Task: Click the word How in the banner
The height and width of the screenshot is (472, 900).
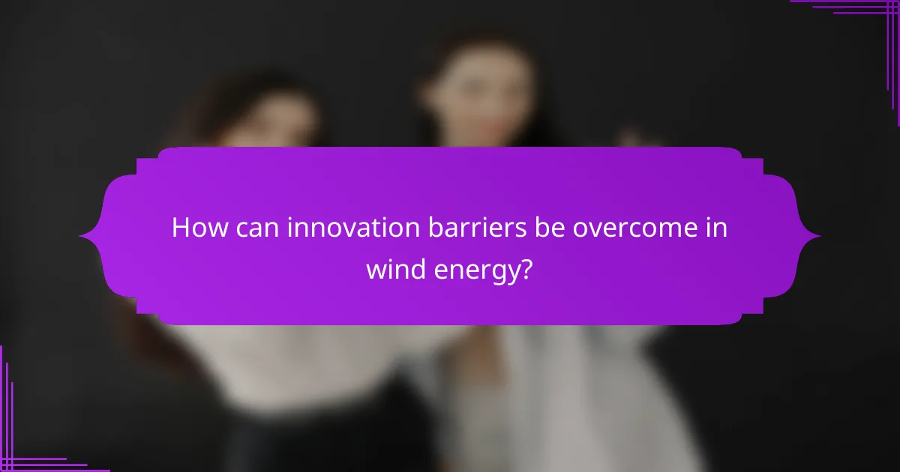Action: click(196, 228)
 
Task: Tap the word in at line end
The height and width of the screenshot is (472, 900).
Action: click(716, 228)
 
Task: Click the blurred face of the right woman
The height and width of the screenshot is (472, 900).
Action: click(480, 97)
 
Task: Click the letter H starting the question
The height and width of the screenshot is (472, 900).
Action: click(180, 228)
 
